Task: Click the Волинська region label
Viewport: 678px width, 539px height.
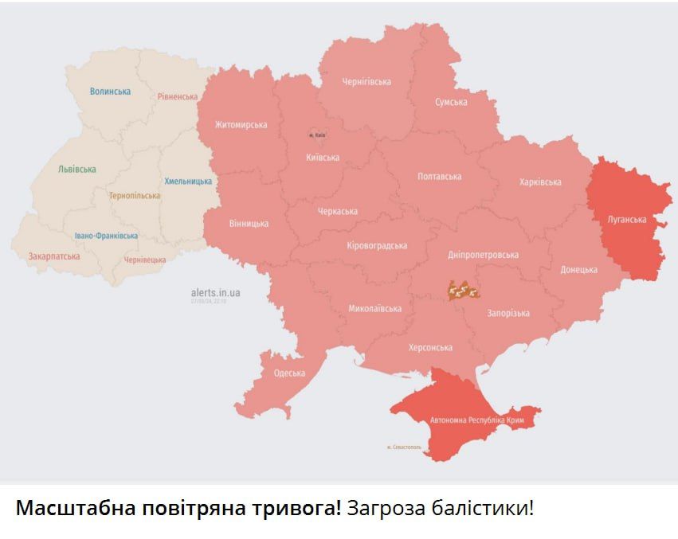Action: (110, 92)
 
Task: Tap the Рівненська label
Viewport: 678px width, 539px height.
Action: (177, 96)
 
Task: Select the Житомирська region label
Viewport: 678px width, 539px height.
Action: (241, 125)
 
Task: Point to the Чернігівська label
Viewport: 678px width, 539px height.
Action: (366, 81)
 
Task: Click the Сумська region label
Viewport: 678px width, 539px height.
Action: (451, 102)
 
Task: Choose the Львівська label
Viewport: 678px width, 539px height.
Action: (77, 170)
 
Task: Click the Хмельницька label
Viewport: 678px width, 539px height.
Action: (188, 181)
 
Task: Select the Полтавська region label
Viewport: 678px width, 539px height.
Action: (439, 176)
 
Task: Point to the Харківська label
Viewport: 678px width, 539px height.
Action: (540, 182)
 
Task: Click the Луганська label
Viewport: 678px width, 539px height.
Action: (626, 219)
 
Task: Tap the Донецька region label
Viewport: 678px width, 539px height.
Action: (578, 270)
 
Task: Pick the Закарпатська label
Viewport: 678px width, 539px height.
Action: (54, 256)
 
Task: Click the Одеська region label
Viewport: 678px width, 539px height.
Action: (289, 373)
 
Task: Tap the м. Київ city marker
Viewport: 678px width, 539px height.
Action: (316, 135)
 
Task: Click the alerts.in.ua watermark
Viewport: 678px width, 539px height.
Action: (215, 293)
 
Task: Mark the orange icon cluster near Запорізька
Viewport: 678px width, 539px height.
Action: (464, 291)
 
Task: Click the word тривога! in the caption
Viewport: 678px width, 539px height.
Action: (296, 509)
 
